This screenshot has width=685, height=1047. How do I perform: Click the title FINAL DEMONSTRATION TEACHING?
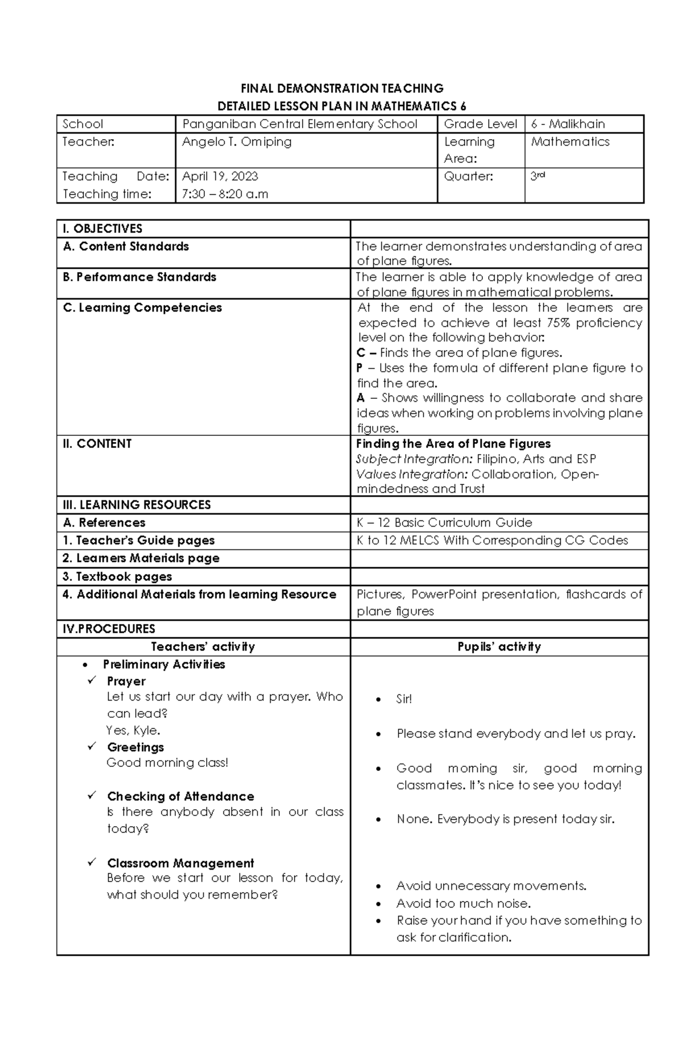pos(341,88)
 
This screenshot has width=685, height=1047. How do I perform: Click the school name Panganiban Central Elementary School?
pos(300,124)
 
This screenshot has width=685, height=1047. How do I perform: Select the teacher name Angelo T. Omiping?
pos(236,142)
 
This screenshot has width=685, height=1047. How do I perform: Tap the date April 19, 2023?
pos(220,176)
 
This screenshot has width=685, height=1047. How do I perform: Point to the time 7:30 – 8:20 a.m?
pos(224,194)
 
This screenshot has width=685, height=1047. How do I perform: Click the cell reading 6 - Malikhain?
pos(567,124)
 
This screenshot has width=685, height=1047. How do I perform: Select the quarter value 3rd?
pos(537,176)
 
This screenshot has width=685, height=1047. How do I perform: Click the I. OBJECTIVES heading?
pos(103,229)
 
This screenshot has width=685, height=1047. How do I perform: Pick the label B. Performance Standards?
pos(139,277)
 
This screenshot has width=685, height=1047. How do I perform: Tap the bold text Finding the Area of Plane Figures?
pos(453,444)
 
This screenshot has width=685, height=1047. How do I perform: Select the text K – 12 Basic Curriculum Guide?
pos(444,523)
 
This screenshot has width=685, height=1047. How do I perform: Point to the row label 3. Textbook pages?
pos(117,577)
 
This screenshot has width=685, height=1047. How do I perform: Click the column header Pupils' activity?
pos(499,647)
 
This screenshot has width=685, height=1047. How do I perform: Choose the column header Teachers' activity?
pos(203,647)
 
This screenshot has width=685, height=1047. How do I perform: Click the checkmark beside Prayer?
pos(92,681)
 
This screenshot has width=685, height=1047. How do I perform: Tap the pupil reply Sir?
pos(404,700)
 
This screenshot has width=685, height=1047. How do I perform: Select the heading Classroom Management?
pos(180,863)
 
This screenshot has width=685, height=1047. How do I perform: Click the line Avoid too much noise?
pos(464,904)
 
